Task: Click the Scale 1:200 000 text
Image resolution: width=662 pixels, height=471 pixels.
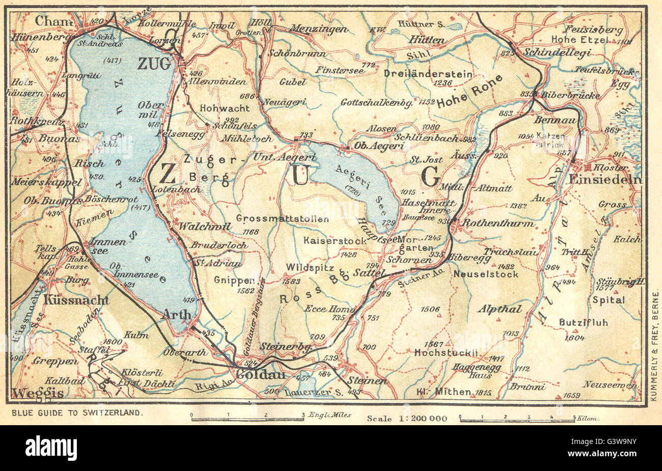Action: click(407, 419)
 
